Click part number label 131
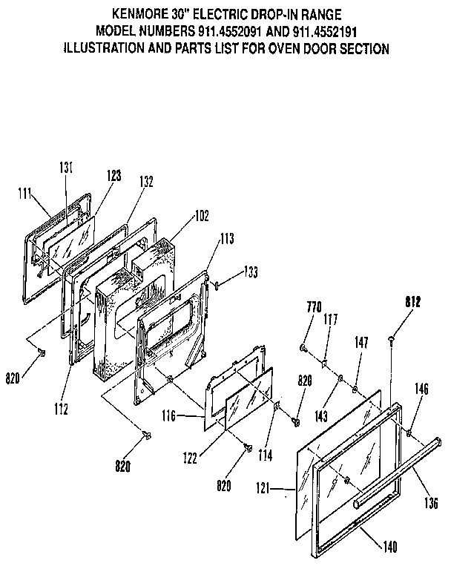[x=66, y=168]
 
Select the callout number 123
[x=113, y=176]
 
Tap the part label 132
[x=146, y=181]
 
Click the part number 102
[x=201, y=216]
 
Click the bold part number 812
[x=412, y=301]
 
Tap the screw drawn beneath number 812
[x=391, y=338]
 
